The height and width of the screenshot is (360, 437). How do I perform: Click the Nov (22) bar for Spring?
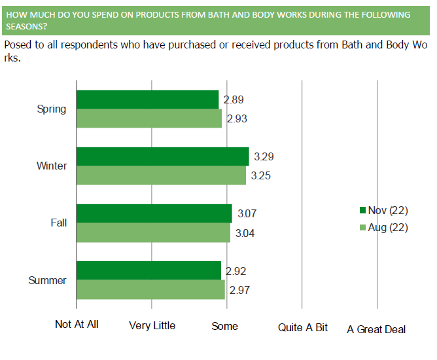148,99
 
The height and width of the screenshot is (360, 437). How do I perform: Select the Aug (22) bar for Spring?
149,118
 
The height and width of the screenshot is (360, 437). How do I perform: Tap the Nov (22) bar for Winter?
163,156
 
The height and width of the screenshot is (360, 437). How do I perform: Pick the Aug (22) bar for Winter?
162,175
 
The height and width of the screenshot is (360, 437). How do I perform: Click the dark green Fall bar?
154,213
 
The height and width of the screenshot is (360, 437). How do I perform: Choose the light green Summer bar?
151,289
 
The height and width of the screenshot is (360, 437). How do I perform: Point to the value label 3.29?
264,156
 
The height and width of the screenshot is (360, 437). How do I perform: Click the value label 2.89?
234,100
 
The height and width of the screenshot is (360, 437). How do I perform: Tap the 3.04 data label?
247,232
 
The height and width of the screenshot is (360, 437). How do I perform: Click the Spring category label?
52,109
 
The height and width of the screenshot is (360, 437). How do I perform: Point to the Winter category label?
52,166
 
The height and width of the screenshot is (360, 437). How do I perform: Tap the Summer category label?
48,280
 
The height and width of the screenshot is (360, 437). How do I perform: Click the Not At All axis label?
77,325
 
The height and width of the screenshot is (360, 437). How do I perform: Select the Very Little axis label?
152,325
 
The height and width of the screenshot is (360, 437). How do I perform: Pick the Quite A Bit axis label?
303,327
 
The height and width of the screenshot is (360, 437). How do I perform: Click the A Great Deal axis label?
376,329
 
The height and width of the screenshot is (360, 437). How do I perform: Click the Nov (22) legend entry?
384,210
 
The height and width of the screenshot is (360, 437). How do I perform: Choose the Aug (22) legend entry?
384,228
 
